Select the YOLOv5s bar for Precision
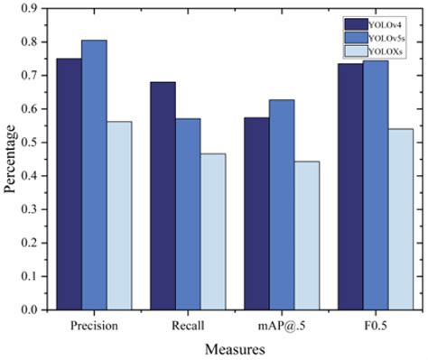click(94, 175)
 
